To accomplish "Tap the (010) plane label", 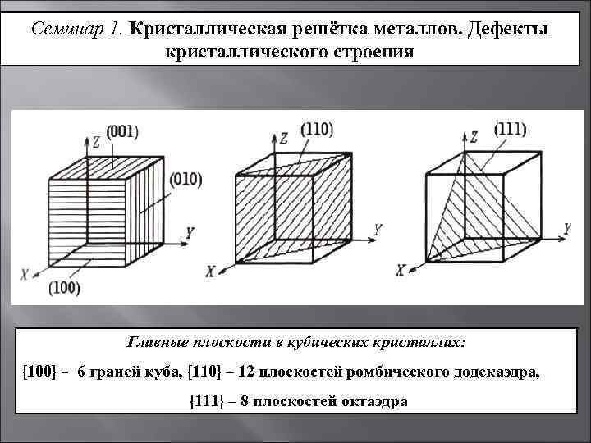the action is [186, 179].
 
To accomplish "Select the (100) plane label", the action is [64, 289].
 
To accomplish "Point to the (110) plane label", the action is [316, 129].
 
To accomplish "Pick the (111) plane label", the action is [511, 129].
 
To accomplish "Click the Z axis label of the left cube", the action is [96, 140].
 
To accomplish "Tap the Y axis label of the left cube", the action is [190, 234].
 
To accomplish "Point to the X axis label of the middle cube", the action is [211, 269].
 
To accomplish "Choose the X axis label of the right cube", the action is [401, 270].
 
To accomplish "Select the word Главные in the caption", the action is [158, 340].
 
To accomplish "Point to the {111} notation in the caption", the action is [205, 402].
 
